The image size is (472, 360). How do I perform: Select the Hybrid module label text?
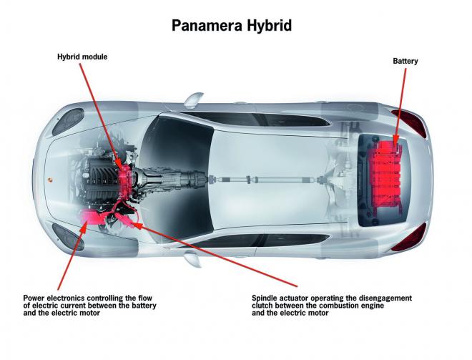pyautogui.click(x=82, y=57)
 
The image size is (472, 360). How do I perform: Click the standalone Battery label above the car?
pyautogui.click(x=405, y=62)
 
